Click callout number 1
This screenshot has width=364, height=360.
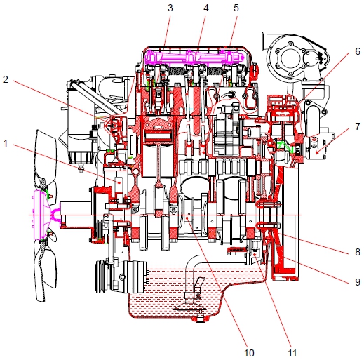tap(6, 143)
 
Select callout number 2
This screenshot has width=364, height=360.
tap(6, 79)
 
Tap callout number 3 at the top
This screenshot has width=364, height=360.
tap(170, 8)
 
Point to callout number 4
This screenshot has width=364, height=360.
tap(205, 8)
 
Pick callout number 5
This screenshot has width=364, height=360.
tap(236, 8)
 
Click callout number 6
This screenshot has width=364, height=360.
tap(358, 51)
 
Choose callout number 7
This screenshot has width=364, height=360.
tap(358, 126)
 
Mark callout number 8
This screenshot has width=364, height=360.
tap(358, 252)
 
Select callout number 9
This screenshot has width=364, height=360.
tap(358, 282)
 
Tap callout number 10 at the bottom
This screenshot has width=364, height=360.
tap(249, 353)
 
